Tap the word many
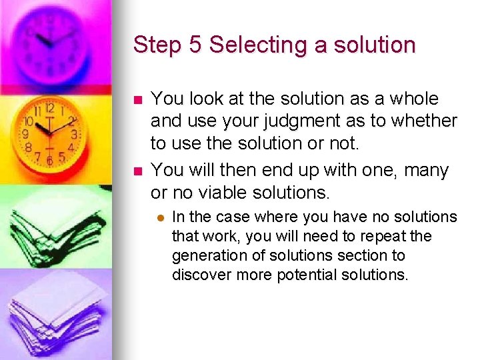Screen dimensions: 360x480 tap(427, 171)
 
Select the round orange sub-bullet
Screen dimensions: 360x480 tap(161, 218)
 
